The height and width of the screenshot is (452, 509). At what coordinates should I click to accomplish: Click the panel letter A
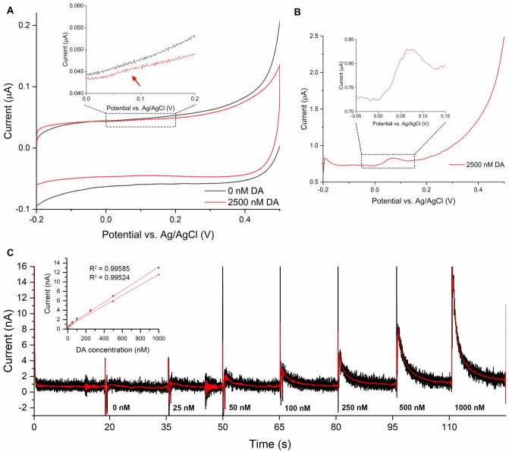tap(8, 7)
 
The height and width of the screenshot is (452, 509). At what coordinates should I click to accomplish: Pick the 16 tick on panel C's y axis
tap(25, 266)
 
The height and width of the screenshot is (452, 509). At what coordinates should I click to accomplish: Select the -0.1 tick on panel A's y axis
tap(22, 208)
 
